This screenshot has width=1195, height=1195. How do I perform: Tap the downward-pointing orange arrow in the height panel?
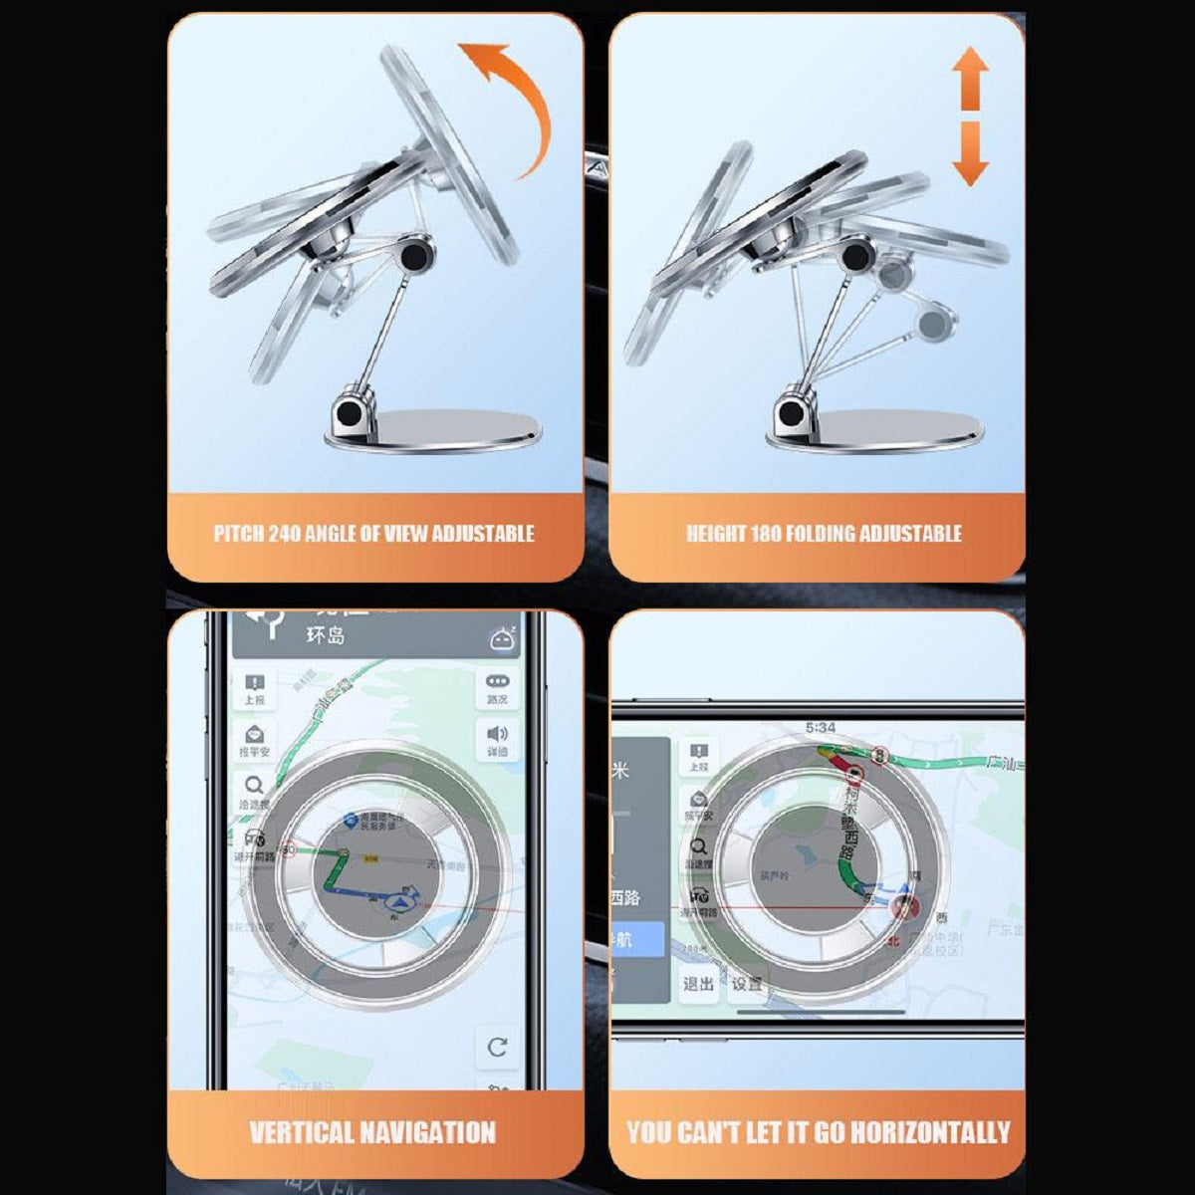969,154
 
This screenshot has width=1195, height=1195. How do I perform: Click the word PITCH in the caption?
239,534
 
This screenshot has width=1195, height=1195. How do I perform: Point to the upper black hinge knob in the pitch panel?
415,257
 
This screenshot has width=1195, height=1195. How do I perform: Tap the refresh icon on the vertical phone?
497,1047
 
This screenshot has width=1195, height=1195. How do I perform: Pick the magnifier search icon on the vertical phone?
254,785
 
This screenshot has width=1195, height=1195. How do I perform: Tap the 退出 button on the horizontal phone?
698,984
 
